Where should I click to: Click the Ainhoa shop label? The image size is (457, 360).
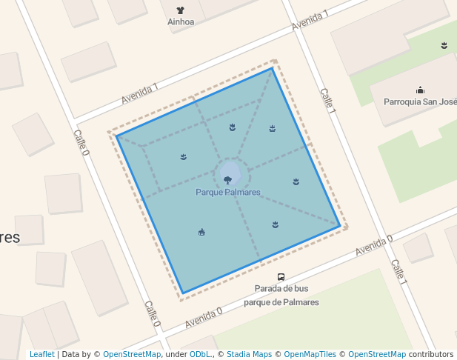tap(181, 22)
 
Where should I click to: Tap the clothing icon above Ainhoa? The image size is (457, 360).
tap(181, 10)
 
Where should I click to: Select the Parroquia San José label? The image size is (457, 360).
tap(418, 101)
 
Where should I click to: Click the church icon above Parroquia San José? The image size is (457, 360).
tap(420, 90)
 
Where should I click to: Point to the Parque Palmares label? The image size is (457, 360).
tap(228, 193)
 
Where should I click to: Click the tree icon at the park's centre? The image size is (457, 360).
tap(227, 180)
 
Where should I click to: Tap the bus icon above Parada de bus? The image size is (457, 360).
tap(281, 277)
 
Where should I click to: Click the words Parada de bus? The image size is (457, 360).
tap(281, 289)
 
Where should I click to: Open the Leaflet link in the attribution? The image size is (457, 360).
tap(41, 355)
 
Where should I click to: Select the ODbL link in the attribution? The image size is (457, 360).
tap(200, 355)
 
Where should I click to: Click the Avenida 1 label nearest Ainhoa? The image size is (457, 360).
tap(310, 21)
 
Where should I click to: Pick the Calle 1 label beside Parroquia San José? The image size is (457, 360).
tap(328, 100)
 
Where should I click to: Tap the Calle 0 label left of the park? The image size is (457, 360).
tap(81, 143)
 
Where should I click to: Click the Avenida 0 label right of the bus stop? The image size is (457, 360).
tap(373, 245)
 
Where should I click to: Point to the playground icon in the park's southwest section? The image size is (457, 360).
tap(201, 233)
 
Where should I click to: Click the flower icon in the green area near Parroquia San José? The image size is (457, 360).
tap(444, 46)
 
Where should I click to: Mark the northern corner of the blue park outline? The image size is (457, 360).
tap(273, 68)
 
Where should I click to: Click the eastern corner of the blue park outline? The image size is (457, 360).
tap(340, 226)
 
